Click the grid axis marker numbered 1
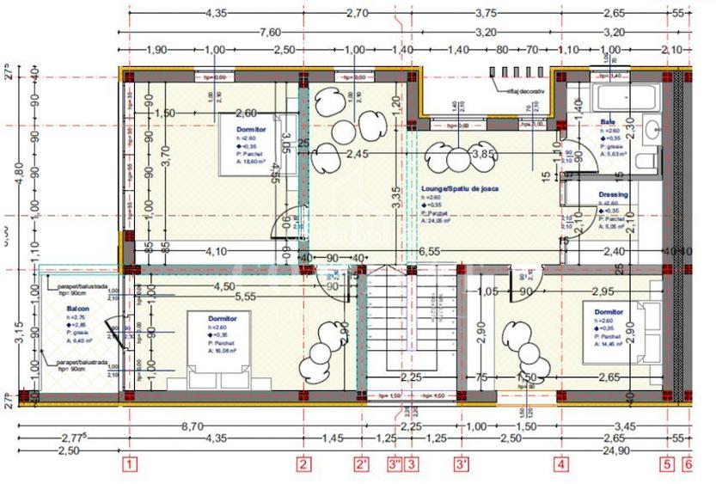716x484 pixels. pos(129,465)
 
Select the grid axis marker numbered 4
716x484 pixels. pos(562,465)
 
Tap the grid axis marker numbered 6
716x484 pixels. pos(687,465)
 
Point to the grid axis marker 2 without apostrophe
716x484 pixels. pos(303,465)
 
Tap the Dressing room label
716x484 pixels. pos(613,195)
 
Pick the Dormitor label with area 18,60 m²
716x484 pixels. pos(251,129)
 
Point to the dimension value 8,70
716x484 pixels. pos(192,426)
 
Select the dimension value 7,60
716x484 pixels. pos(270,32)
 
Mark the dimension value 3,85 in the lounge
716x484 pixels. pos(487,154)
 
